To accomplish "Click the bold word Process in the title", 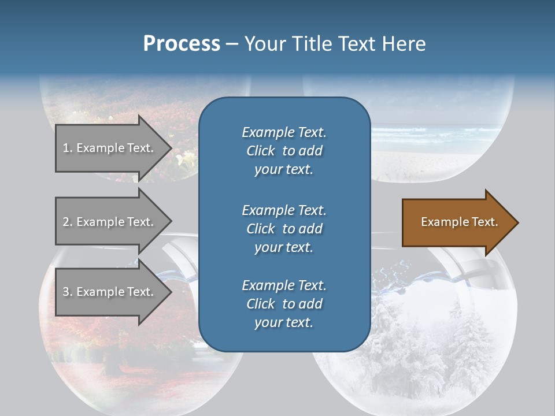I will pyautogui.click(x=182, y=44).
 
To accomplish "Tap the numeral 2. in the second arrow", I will pyautogui.click(x=68, y=222).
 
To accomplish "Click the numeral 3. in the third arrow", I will pyautogui.click(x=68, y=292).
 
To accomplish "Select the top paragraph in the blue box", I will pyautogui.click(x=284, y=151).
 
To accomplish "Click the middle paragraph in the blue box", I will pyautogui.click(x=284, y=228).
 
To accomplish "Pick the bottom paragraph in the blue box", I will pyautogui.click(x=284, y=304).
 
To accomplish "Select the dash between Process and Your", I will pyautogui.click(x=232, y=44).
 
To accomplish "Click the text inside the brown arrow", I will pyautogui.click(x=459, y=222).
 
